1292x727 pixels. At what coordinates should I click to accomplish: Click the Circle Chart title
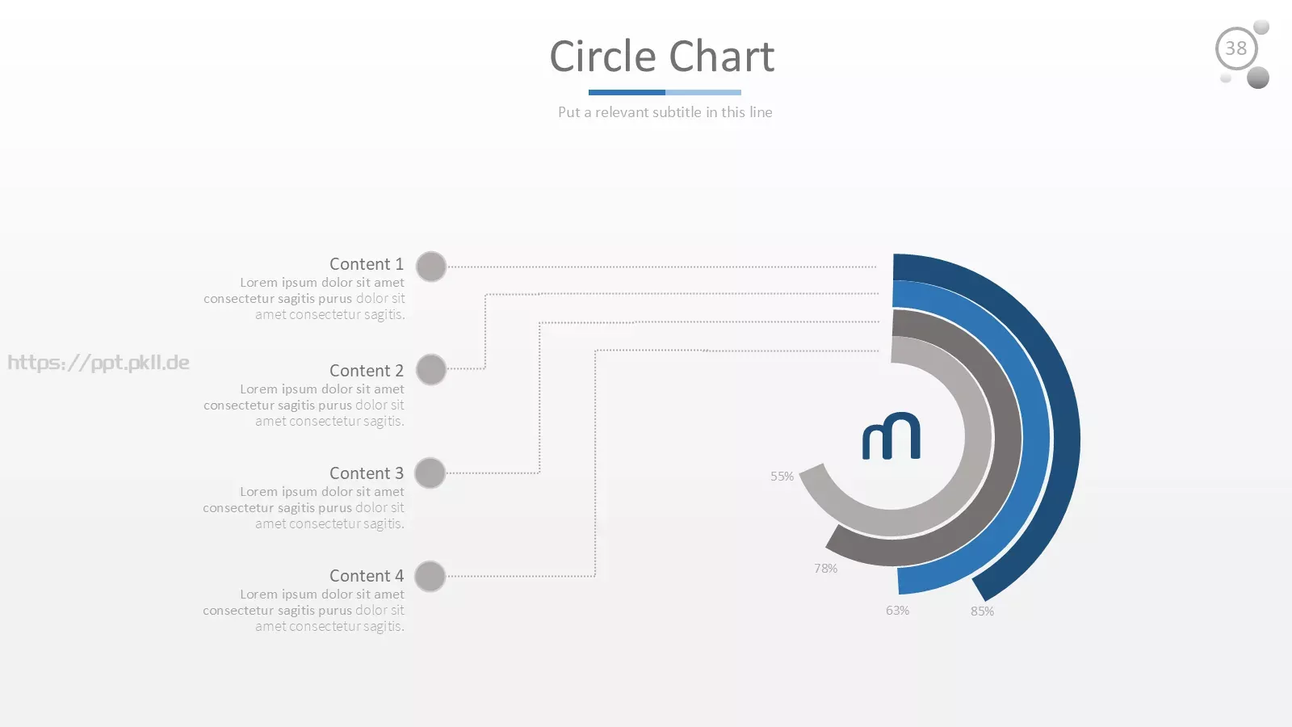pos(661,56)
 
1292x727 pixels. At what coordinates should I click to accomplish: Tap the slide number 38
pos(1235,48)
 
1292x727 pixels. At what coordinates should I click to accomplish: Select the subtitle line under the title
pos(665,112)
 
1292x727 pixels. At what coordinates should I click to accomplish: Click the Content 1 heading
pos(367,263)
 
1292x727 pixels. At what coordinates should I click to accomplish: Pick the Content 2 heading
pos(367,371)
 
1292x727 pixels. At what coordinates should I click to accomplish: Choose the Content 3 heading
pos(367,473)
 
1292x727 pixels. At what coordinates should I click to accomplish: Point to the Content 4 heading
pos(367,576)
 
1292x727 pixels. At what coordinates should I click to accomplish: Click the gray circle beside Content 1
pos(431,267)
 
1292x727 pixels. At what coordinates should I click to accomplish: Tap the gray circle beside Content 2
pos(431,369)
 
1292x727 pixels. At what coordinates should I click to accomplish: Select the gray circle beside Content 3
pos(430,473)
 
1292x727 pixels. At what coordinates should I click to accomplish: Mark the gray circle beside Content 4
pos(430,577)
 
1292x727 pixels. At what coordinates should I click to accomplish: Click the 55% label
pos(782,477)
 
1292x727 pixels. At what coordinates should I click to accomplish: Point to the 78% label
pos(825,569)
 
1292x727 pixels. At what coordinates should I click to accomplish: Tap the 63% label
pos(897,611)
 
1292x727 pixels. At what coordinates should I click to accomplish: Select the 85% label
pos(982,611)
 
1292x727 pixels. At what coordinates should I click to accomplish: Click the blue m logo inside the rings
pos(891,436)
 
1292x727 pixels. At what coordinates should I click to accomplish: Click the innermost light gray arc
pos(979,437)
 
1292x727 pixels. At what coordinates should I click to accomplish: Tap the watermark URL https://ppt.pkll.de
pos(98,363)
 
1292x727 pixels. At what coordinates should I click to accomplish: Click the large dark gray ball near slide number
pos(1257,78)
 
